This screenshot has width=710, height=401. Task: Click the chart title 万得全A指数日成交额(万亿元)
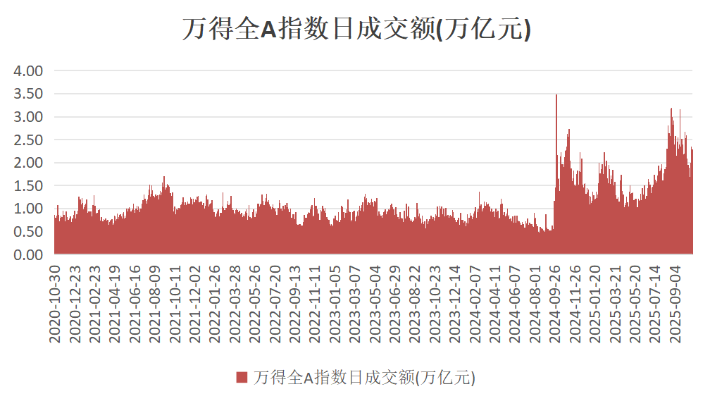point(355,30)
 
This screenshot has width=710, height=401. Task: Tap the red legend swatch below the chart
point(242,377)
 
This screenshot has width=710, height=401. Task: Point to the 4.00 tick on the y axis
point(29,70)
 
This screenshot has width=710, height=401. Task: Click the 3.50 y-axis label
point(29,94)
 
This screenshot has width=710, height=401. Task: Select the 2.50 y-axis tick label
point(29,140)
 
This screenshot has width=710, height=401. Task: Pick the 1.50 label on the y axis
point(29,185)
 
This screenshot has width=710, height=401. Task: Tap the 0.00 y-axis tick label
point(29,254)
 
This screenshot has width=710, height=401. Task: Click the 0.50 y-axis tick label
point(29,231)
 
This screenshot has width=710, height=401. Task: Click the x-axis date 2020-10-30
point(55,304)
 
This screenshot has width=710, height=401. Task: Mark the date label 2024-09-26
point(556,304)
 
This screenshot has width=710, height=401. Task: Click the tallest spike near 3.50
point(556,97)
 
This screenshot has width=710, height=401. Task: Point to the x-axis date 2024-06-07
point(516,304)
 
